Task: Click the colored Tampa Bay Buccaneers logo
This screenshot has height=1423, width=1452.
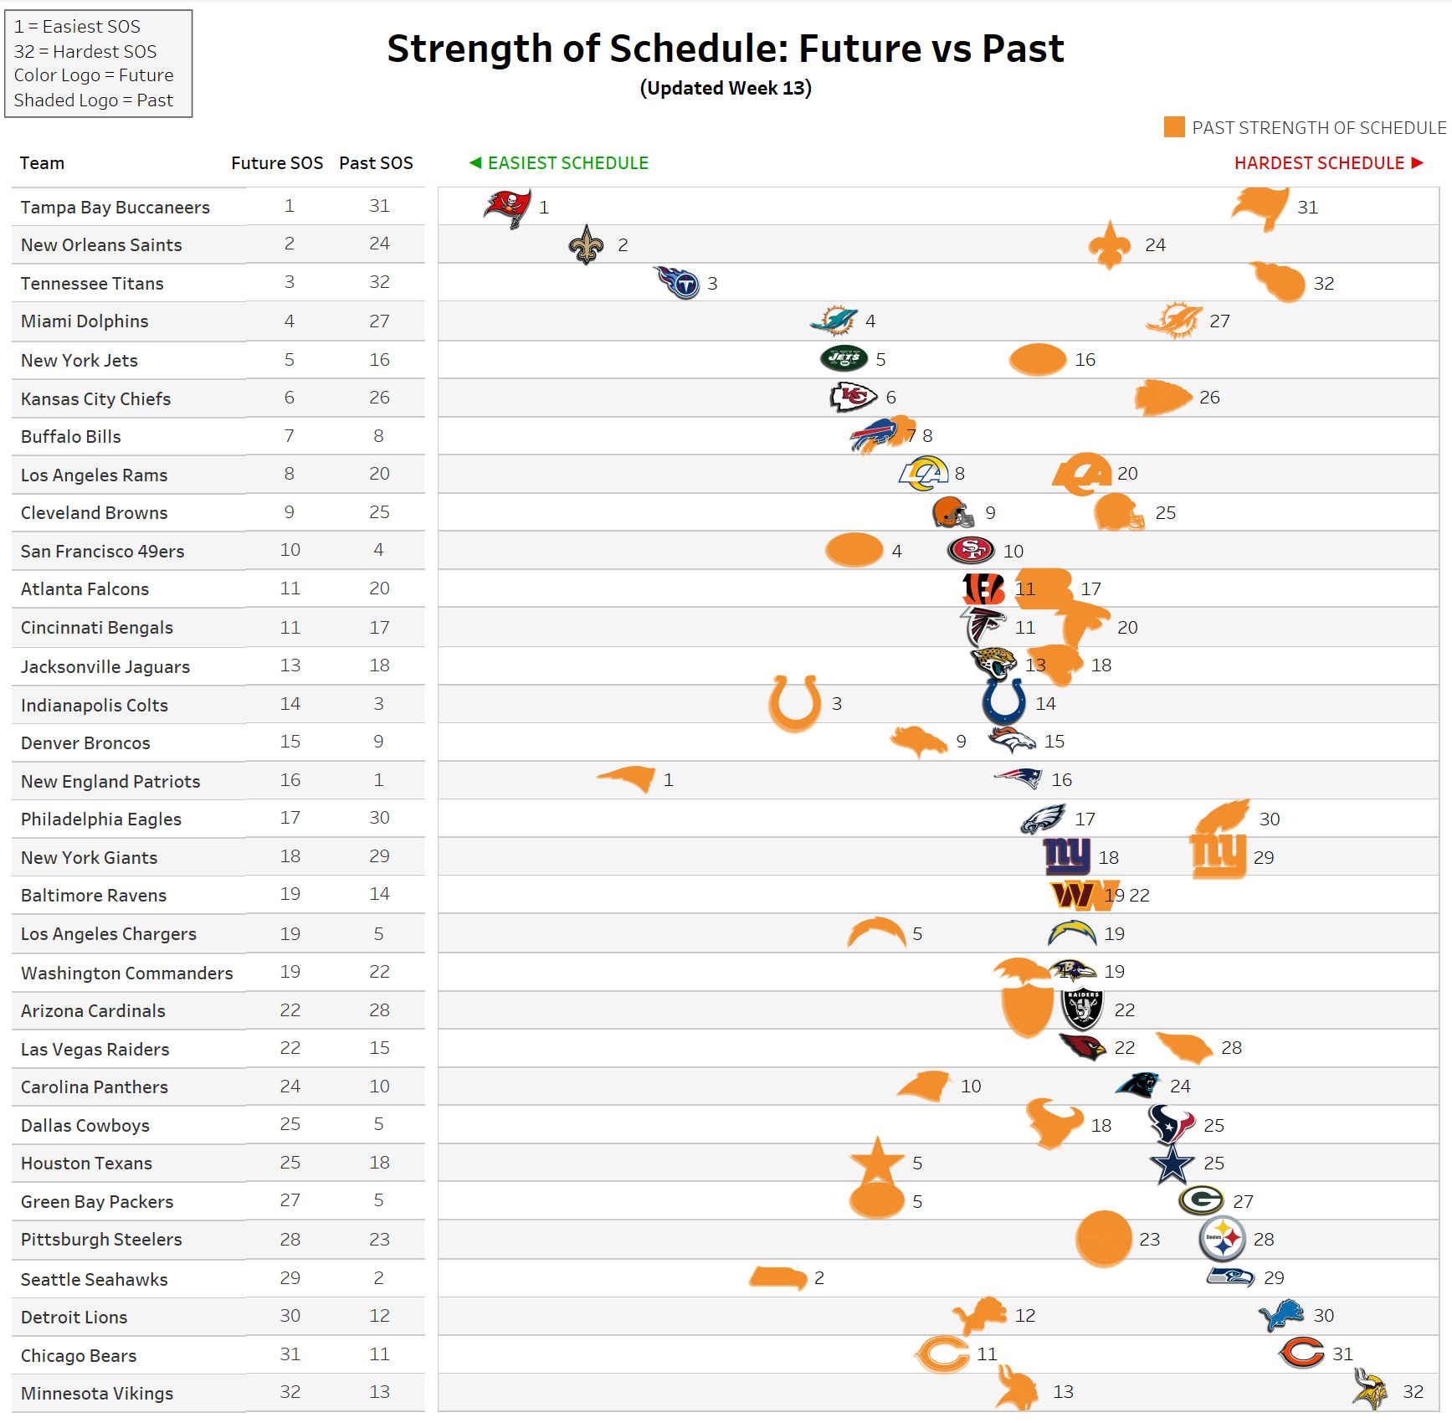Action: (x=507, y=207)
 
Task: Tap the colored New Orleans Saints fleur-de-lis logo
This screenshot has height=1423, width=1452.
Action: (x=586, y=245)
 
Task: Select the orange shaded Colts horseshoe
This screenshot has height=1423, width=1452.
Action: (x=794, y=702)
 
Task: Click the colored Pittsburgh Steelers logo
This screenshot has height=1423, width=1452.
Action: (x=1223, y=1239)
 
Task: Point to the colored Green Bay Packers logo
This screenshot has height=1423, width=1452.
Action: (x=1202, y=1200)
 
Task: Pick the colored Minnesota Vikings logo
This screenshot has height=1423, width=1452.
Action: (x=1370, y=1390)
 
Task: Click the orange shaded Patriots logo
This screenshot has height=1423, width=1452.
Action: (x=628, y=778)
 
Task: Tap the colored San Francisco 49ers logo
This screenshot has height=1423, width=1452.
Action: (x=971, y=550)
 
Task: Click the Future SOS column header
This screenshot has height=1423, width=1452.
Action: (x=277, y=163)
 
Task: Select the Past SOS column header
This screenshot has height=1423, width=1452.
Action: (x=376, y=163)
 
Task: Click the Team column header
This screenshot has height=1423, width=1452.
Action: (x=42, y=163)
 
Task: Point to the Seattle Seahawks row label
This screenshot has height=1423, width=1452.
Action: (x=94, y=1279)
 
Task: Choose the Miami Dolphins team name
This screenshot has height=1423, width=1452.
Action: (x=85, y=321)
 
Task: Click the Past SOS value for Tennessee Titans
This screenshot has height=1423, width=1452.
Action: (x=379, y=282)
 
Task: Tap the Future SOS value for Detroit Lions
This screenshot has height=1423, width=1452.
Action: (x=290, y=1316)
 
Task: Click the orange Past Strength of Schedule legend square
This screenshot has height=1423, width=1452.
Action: (x=1174, y=127)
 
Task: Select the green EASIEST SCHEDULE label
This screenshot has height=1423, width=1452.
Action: (x=567, y=163)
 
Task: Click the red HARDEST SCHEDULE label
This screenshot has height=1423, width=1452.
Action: (x=1319, y=163)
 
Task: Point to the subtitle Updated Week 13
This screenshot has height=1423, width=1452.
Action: (x=726, y=89)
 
